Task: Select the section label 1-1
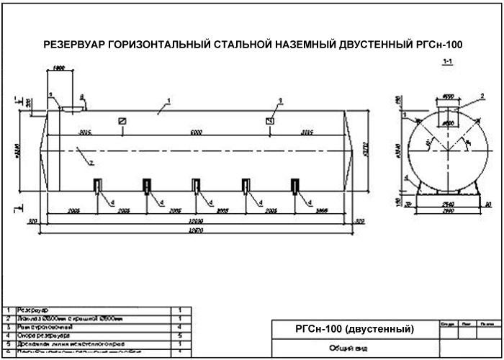[447, 63]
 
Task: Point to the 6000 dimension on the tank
[197, 132]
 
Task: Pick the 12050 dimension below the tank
[197, 220]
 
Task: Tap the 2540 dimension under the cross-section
[447, 204]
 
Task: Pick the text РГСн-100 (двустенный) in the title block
[355, 329]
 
